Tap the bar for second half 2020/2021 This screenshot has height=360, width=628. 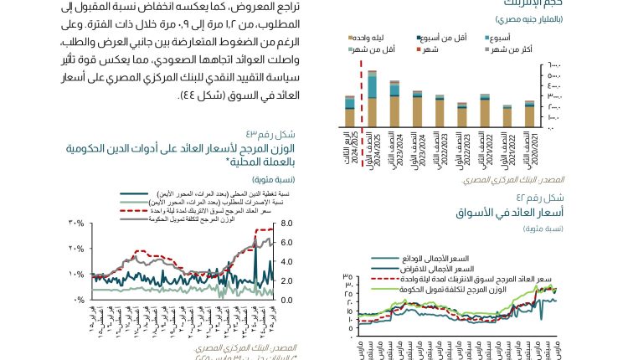point(529,116)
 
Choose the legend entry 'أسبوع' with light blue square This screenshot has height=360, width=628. point(497,39)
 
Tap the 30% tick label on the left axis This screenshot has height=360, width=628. point(77,224)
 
